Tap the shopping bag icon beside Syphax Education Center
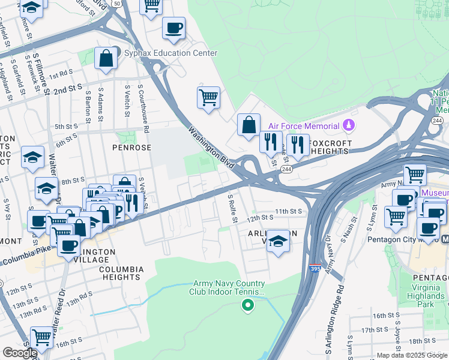[x=106, y=59]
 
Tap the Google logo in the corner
[x=19, y=353]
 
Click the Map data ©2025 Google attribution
[x=412, y=355]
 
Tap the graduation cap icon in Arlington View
[x=277, y=241]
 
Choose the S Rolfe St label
[x=232, y=204]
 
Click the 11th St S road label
[x=289, y=211]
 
